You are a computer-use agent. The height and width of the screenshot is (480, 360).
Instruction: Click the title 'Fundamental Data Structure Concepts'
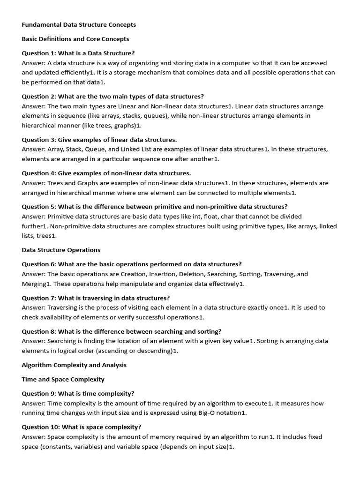(x=79, y=24)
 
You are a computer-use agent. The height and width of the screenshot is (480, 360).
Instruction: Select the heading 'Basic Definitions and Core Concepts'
(x=75, y=39)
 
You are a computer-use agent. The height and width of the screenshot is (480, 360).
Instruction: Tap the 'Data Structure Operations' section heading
(x=61, y=250)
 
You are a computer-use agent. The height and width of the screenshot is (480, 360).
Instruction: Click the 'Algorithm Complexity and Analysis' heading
(x=74, y=365)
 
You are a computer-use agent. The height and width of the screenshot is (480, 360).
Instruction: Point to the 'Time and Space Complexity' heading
(x=63, y=379)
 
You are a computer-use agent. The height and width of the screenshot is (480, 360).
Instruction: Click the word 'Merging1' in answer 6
(x=36, y=284)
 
